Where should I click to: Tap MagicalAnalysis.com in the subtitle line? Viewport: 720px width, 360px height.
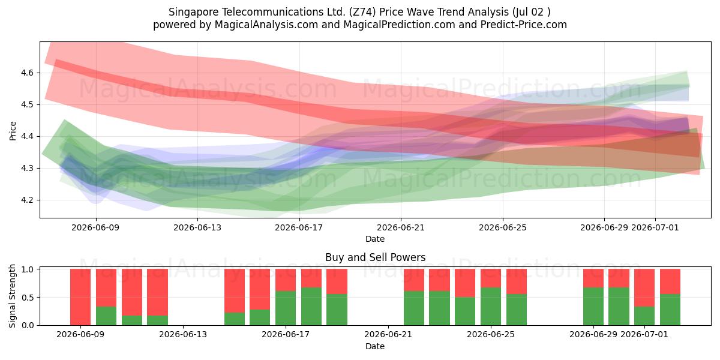coord(266,25)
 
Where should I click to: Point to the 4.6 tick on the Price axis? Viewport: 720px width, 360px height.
coord(27,73)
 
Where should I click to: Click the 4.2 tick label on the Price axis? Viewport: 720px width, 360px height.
coord(27,200)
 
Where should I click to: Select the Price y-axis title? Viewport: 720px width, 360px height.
coord(13,131)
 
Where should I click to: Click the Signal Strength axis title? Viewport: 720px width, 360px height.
coord(12,296)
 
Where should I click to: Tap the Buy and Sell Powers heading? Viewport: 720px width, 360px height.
coord(375,257)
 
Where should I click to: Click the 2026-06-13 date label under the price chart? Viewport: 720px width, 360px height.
coord(197,227)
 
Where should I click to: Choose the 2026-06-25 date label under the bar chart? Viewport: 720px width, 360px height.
coord(491,334)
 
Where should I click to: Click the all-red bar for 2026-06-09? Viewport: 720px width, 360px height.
coord(80,297)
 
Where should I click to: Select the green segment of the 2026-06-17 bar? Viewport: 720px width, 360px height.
coord(286,308)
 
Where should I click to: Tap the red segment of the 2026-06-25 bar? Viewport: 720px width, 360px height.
coord(491,278)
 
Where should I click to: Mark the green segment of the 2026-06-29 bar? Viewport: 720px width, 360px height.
coord(593,307)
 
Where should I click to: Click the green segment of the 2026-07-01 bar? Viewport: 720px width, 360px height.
coord(644,316)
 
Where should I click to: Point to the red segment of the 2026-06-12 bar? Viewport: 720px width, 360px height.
coord(157,292)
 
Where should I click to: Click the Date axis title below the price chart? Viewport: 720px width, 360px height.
coord(375,239)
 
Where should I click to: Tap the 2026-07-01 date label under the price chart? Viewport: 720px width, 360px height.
coord(655,227)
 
